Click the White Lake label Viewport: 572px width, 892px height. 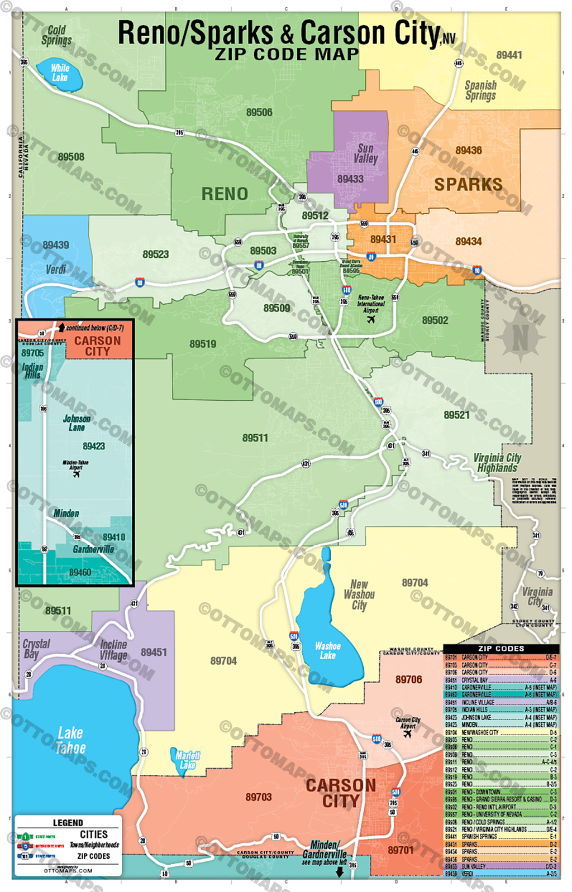point(60,73)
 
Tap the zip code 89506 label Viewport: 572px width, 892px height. point(259,112)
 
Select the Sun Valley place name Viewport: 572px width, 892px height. point(365,154)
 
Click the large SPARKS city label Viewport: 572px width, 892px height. point(468,185)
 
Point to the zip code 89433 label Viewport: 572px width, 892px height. point(350,179)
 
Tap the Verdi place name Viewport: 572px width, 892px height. point(56,270)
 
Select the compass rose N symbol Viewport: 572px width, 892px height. point(520,337)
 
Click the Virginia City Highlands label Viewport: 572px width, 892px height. point(497,463)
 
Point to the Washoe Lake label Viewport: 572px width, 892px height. point(328,650)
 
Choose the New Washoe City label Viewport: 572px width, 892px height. point(359,594)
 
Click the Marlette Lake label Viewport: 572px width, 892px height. point(187,760)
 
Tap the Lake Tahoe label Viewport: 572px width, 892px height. point(70,740)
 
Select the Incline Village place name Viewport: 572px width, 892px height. point(113,650)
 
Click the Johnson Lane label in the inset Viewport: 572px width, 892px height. point(77,423)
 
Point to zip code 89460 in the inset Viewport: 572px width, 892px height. point(80,572)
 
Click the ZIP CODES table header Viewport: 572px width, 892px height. point(501,648)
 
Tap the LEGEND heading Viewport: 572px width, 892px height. point(68,823)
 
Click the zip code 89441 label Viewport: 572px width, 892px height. point(509,55)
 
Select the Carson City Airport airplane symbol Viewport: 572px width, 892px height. point(407,733)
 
